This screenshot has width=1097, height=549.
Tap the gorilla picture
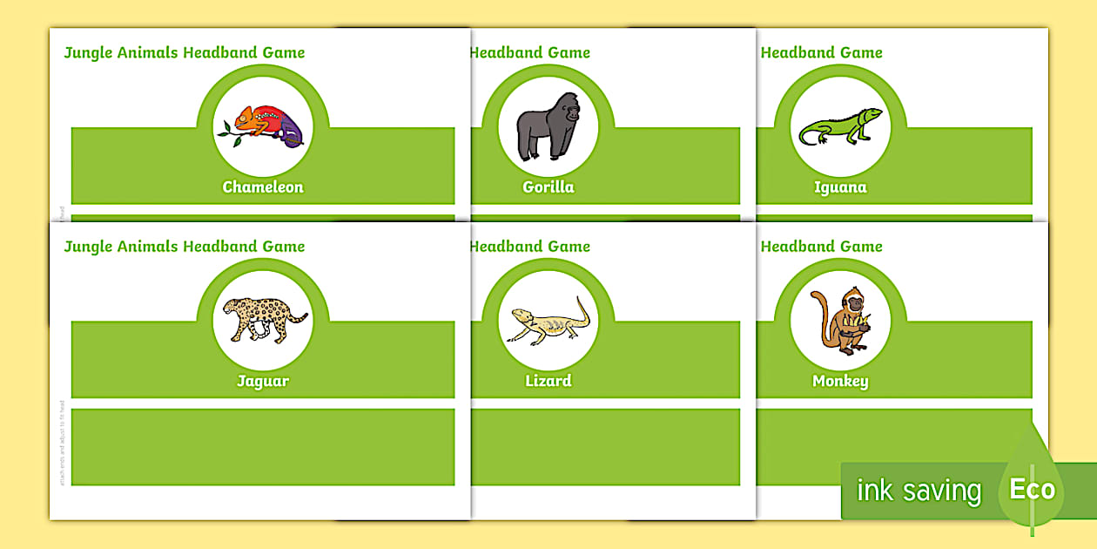(548, 126)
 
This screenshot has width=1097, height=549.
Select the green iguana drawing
(840, 126)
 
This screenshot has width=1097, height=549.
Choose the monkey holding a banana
(839, 320)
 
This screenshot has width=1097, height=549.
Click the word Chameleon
(263, 187)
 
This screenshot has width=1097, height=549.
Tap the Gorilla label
(548, 187)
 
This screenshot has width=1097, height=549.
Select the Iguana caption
(840, 187)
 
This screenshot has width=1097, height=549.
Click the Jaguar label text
(263, 381)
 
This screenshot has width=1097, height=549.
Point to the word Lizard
(548, 381)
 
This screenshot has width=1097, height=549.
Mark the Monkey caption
(840, 381)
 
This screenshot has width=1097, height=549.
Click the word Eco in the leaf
(1033, 490)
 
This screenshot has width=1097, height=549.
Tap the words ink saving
(919, 491)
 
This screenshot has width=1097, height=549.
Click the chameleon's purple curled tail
(293, 131)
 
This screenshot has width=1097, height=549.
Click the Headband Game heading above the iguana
(821, 52)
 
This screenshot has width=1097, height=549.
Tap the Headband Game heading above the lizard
(529, 247)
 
